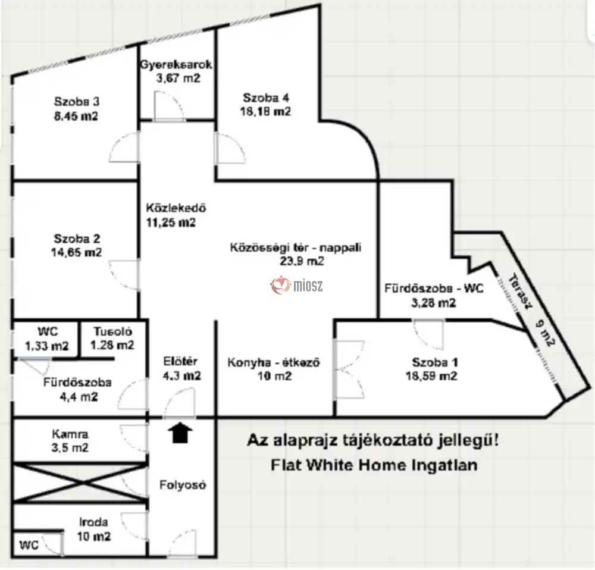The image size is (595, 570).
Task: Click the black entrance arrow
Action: (180, 433)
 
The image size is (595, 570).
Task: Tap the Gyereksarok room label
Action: (176, 64)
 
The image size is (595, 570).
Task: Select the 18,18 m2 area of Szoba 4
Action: (265, 111)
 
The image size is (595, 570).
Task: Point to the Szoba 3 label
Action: (77, 101)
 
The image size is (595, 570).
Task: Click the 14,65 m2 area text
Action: (77, 252)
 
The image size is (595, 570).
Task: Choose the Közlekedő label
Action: (176, 208)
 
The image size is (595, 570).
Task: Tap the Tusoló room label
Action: (113, 331)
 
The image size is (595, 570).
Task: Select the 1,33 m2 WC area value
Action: (46, 346)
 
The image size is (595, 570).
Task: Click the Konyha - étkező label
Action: (274, 362)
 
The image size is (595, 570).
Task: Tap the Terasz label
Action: (518, 292)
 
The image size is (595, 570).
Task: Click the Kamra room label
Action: (70, 434)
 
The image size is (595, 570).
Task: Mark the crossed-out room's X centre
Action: (80, 483)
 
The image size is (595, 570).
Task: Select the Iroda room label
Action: (93, 522)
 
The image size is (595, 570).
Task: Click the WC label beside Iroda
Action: (29, 546)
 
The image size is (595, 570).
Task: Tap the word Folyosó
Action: (183, 484)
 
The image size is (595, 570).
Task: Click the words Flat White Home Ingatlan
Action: (374, 465)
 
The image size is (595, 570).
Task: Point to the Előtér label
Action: (180, 361)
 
